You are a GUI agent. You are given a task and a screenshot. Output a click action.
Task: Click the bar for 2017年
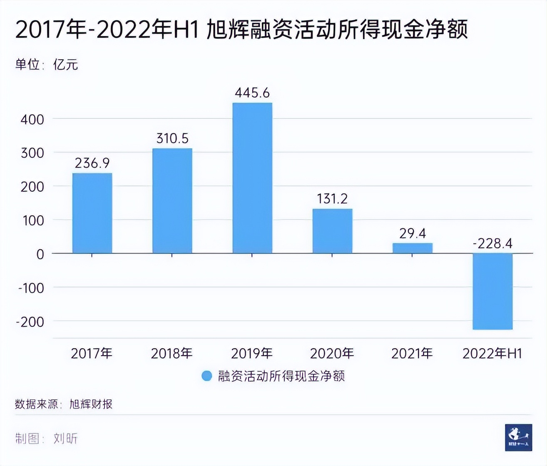(x=92, y=213)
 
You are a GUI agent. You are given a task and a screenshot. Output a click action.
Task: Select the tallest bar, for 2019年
(x=252, y=178)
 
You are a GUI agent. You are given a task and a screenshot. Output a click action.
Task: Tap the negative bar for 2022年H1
(x=492, y=291)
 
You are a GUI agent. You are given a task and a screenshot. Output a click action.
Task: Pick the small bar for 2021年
(x=413, y=248)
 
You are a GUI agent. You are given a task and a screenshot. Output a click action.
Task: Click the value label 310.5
(x=172, y=138)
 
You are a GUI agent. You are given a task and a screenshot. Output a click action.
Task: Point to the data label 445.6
(x=252, y=93)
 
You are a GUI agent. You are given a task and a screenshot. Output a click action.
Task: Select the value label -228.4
(x=492, y=243)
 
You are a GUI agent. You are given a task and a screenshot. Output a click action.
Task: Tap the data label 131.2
(x=332, y=199)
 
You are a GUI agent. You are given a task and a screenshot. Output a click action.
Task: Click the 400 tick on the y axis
(x=32, y=120)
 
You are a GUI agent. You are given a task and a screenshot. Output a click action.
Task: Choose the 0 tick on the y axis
(x=40, y=254)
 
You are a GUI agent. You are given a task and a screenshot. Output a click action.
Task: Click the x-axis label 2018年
(x=172, y=354)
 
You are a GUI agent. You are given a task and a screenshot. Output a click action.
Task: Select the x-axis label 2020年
(x=332, y=354)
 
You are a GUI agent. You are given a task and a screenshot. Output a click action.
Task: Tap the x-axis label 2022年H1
(x=492, y=354)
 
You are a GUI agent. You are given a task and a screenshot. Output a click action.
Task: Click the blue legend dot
(x=206, y=376)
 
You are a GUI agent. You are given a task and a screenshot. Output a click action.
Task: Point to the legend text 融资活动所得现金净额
(x=281, y=376)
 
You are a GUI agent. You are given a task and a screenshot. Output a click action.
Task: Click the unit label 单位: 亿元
(x=47, y=65)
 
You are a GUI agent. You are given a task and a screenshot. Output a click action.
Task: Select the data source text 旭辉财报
(x=91, y=404)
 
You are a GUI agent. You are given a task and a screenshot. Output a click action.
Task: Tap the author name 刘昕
(x=65, y=438)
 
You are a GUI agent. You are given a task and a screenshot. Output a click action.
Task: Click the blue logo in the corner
(x=518, y=438)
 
